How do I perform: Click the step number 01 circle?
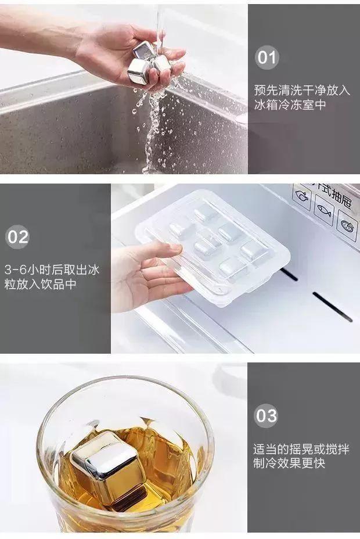(267, 58)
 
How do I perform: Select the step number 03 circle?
(267, 416)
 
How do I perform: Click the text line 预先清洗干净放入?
(302, 90)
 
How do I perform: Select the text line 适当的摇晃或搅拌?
(302, 449)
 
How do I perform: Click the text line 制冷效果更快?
(289, 463)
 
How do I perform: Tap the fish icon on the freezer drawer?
(323, 210)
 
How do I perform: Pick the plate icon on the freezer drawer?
(347, 224)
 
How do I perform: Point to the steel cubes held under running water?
(149, 64)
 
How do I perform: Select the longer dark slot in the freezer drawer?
(332, 307)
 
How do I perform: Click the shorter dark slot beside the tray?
(289, 274)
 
